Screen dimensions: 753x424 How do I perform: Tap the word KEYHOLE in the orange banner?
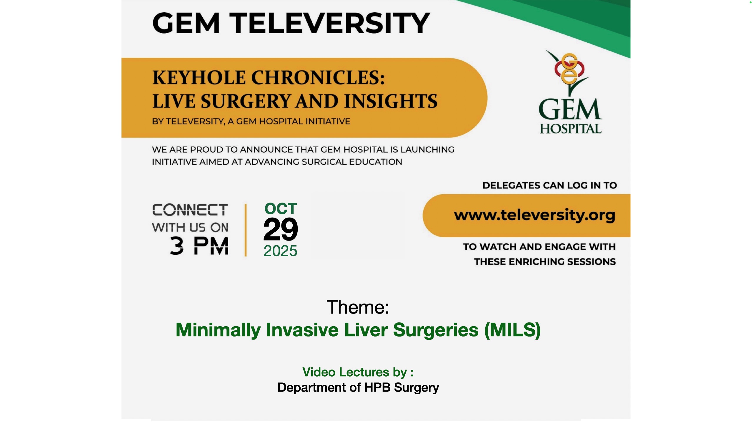pos(199,78)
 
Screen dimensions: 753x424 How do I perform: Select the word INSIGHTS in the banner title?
pos(391,101)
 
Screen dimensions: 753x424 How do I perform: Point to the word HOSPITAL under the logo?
pos(571,129)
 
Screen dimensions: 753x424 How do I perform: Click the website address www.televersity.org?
pos(535,215)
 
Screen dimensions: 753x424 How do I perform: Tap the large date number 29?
pos(281,229)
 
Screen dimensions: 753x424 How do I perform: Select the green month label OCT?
pos(281,209)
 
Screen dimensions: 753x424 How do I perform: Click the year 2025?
pos(280,251)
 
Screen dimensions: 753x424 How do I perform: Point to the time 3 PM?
pos(199,246)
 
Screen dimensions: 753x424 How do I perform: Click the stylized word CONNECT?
pos(190,210)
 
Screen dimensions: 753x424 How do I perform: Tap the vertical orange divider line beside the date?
pos(246,230)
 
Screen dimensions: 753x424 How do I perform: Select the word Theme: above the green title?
pos(358,307)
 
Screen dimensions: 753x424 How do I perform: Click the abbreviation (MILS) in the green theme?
pos(512,330)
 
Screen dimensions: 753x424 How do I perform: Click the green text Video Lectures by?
pos(358,372)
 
